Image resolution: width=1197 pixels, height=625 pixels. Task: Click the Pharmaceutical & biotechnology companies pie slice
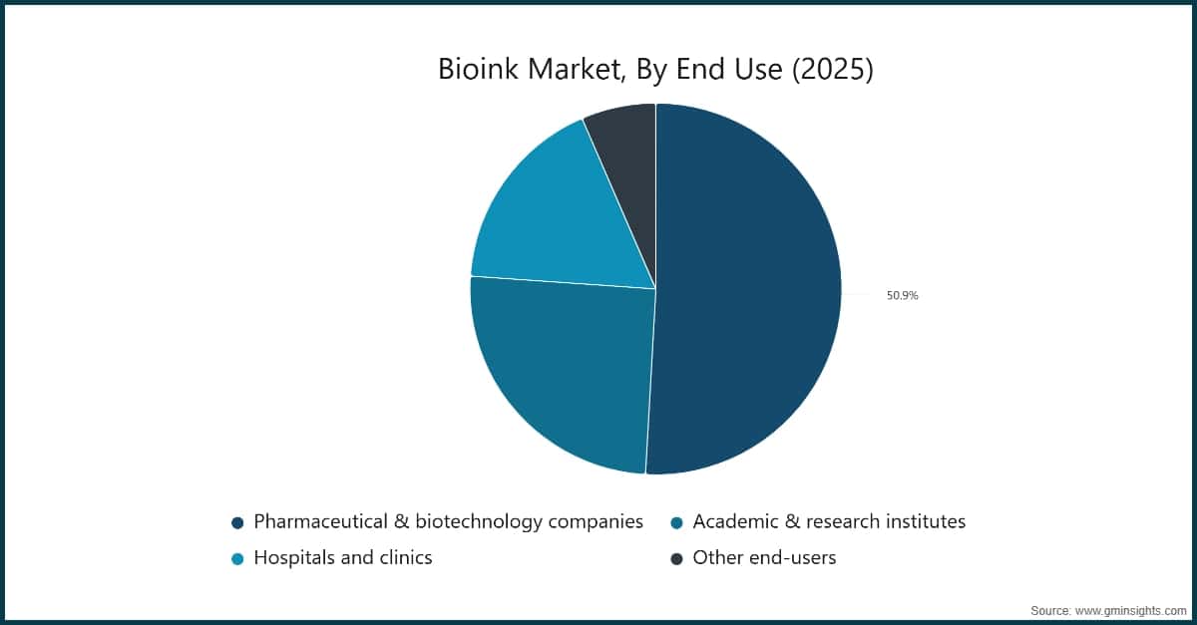748,289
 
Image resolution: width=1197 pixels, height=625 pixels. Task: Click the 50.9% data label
902,295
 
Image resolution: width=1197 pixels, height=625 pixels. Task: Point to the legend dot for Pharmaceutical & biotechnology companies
237,522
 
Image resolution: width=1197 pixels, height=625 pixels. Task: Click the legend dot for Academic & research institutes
676,522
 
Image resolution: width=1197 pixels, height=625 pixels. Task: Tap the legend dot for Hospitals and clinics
237,558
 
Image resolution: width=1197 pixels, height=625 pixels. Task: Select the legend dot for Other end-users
676,558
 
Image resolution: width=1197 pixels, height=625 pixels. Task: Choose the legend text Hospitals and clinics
342,558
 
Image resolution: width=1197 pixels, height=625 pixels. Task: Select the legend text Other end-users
764,558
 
